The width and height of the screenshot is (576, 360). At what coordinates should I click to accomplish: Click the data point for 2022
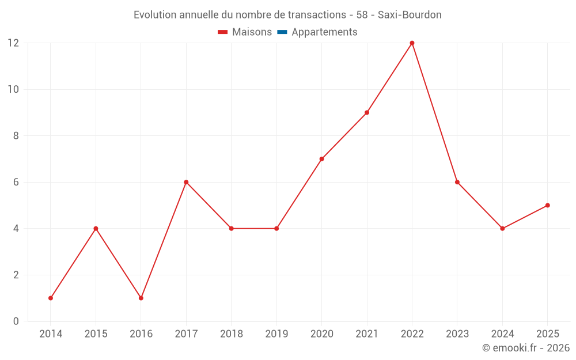pyautogui.click(x=412, y=43)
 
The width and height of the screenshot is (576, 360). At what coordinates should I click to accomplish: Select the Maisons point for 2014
pyautogui.click(x=51, y=298)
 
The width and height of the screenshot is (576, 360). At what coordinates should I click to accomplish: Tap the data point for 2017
pyautogui.click(x=186, y=182)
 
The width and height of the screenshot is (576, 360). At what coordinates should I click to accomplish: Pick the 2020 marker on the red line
pyautogui.click(x=321, y=159)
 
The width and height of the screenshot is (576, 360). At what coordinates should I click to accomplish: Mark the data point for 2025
pyautogui.click(x=547, y=205)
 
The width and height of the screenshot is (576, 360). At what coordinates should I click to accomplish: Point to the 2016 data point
pyautogui.click(x=141, y=298)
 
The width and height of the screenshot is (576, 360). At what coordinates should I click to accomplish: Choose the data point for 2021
pyautogui.click(x=367, y=112)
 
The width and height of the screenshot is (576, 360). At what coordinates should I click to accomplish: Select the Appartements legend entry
pyautogui.click(x=324, y=32)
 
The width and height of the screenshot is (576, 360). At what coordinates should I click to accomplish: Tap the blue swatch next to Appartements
pyautogui.click(x=282, y=32)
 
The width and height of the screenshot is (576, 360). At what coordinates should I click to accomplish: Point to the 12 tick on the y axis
pyautogui.click(x=13, y=43)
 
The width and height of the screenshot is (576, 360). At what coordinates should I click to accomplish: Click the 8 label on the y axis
pyautogui.click(x=16, y=136)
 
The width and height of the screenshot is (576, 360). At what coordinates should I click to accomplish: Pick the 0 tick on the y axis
pyautogui.click(x=16, y=321)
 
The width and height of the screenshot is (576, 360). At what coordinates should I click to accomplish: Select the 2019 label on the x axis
pyautogui.click(x=276, y=334)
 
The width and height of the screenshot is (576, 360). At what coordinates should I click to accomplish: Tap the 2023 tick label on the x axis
pyautogui.click(x=457, y=334)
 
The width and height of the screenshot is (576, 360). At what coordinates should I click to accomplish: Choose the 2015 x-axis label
pyautogui.click(x=96, y=334)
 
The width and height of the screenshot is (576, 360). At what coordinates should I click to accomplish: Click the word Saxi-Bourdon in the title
pyautogui.click(x=410, y=15)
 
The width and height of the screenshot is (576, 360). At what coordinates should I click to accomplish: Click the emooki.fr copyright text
pyautogui.click(x=526, y=348)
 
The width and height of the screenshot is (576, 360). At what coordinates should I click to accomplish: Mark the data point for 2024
pyautogui.click(x=502, y=229)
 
